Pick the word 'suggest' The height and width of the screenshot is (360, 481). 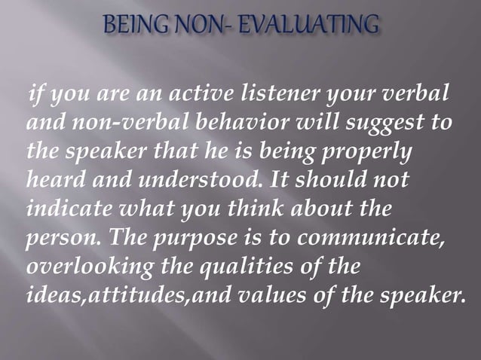(388, 123)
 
